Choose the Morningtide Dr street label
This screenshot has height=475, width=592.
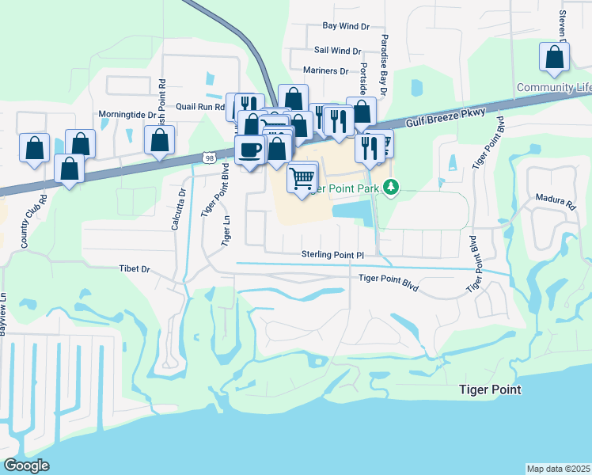click(x=127, y=115)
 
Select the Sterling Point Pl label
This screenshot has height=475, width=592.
click(x=332, y=254)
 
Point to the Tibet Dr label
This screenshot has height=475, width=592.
click(x=135, y=269)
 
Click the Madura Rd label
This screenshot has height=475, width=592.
click(x=560, y=203)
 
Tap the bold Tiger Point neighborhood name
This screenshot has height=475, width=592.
click(x=491, y=390)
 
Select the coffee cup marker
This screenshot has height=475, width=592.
click(x=250, y=149)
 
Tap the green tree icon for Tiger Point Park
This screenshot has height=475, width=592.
click(x=390, y=188)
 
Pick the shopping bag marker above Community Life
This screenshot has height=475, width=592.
click(x=555, y=57)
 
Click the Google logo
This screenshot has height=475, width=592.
click(x=26, y=465)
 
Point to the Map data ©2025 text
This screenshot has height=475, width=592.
click(x=558, y=469)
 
